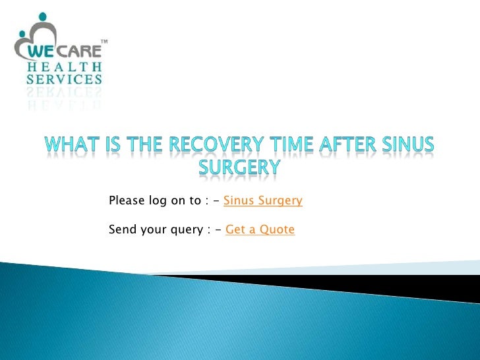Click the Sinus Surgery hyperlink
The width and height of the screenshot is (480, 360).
pos(263,200)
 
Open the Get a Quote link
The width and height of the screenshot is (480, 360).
pos(260,229)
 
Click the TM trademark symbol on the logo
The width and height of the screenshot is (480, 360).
pos(103,43)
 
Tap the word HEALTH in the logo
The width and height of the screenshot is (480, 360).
pos(64,66)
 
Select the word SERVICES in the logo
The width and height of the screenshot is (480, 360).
pos(64,80)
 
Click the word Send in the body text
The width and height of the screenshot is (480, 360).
pos(121,229)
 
